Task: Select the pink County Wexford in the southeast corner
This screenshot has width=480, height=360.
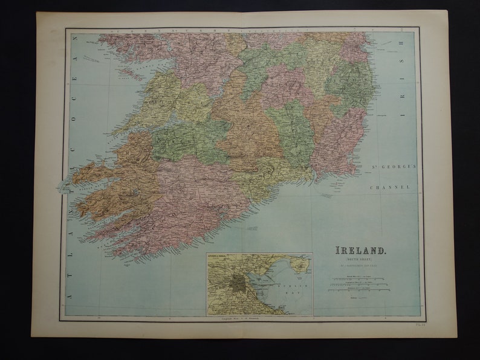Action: click(339, 142)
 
